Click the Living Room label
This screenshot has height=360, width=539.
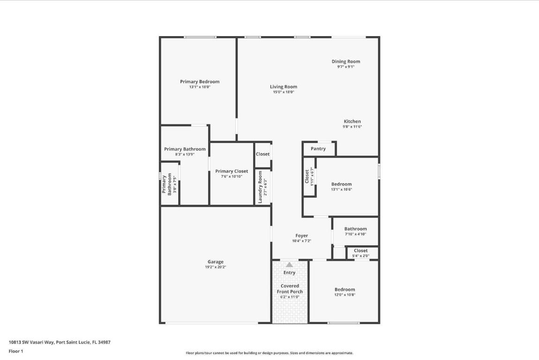283,87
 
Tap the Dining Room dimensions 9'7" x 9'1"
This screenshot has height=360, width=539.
345,67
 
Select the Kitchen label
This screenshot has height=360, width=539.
352,121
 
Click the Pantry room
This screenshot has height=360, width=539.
318,149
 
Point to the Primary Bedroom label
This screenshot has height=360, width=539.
199,82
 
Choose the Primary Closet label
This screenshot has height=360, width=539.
232,171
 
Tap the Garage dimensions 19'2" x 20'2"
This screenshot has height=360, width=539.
215,267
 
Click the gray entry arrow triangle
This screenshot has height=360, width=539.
289,265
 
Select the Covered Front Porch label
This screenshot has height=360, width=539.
290,289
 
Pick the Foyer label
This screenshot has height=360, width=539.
301,236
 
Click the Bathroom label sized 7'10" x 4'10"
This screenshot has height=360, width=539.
355,229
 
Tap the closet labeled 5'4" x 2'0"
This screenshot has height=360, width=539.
360,253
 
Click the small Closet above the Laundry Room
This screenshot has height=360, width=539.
262,154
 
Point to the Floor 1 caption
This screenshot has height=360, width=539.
16,351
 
